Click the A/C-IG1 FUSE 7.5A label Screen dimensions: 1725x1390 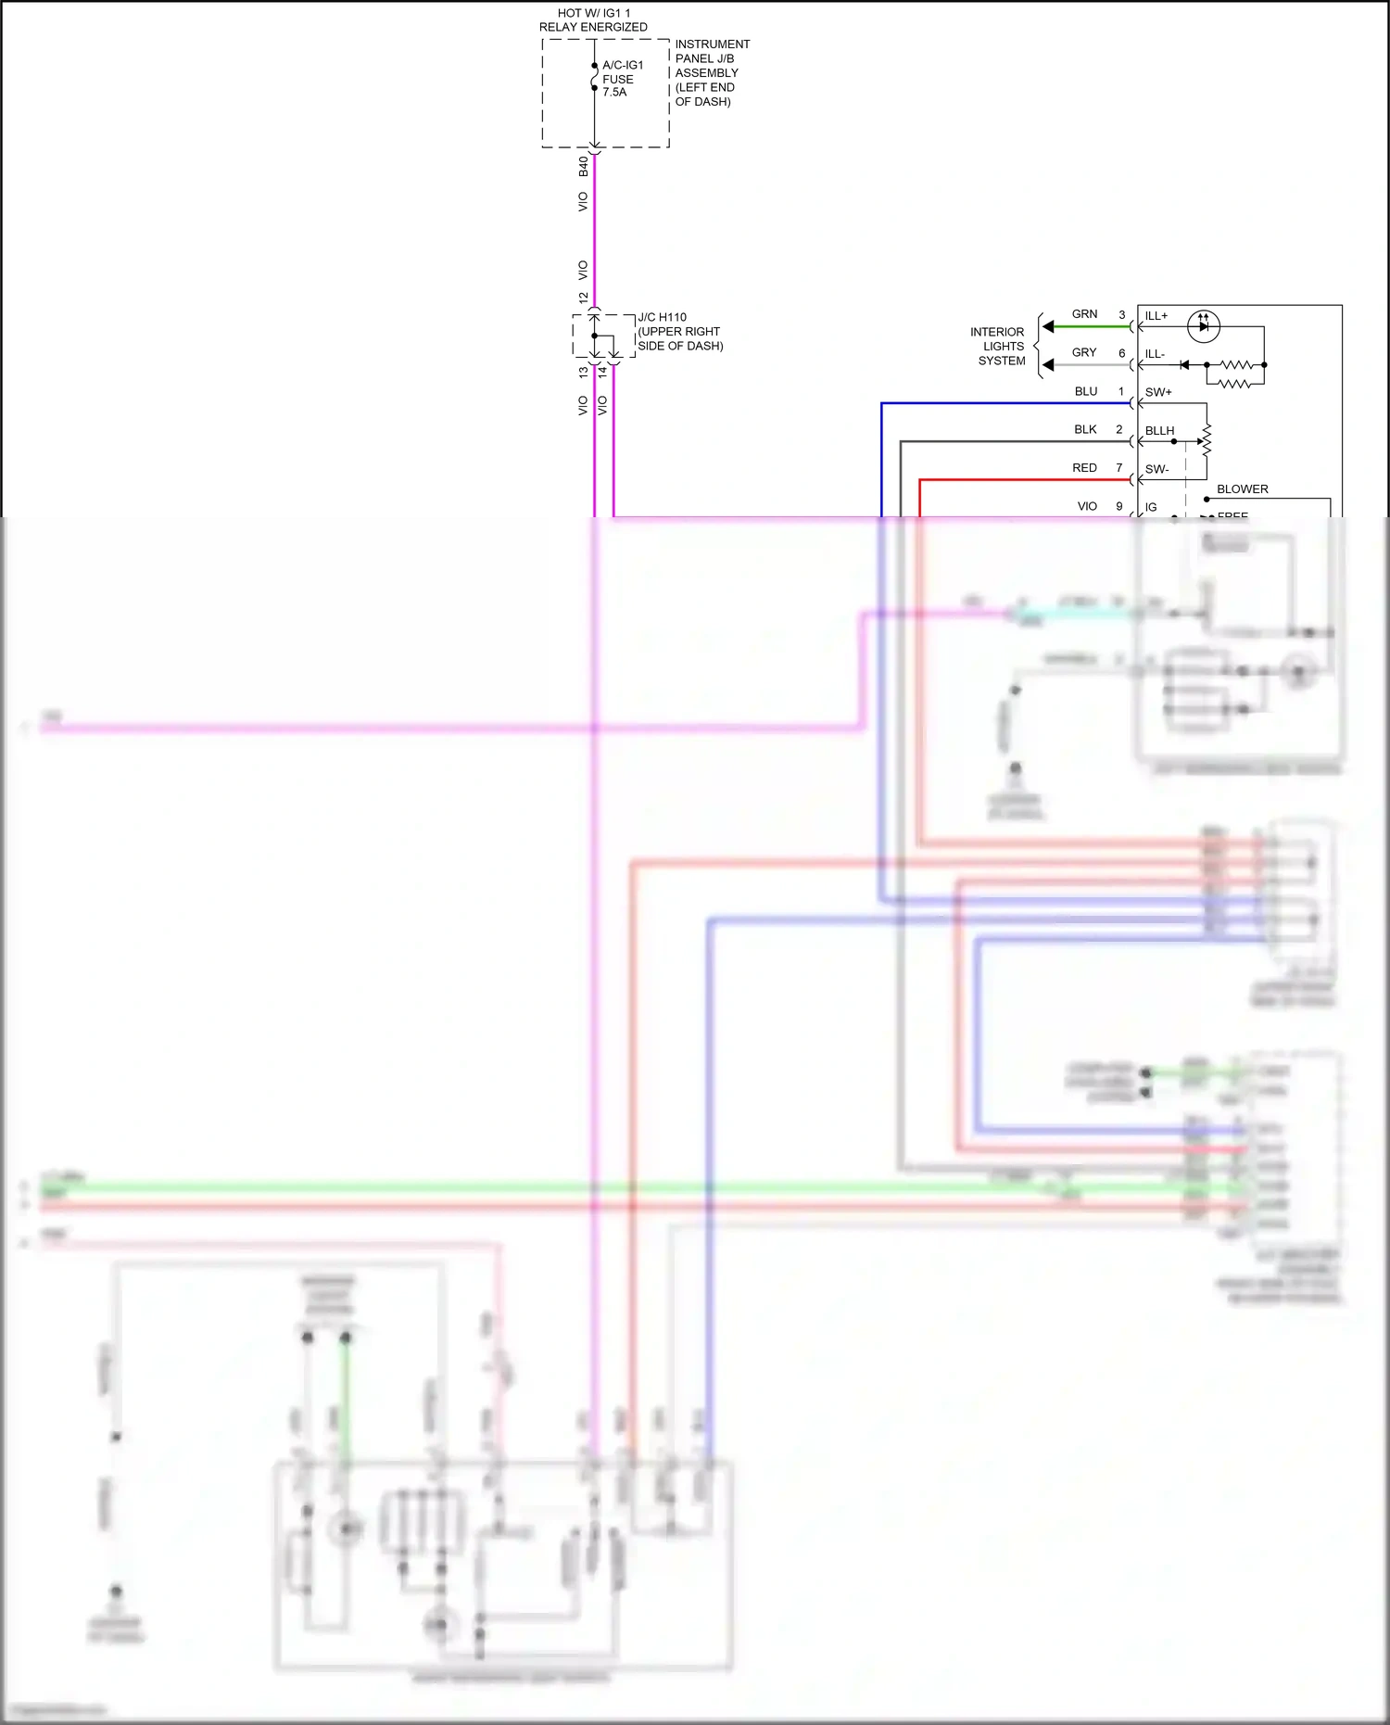coord(622,79)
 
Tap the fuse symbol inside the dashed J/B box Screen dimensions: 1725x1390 coord(595,77)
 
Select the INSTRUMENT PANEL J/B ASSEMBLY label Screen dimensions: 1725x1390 coord(711,72)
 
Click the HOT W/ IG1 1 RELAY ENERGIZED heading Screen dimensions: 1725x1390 coord(593,19)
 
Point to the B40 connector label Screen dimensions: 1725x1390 coord(583,167)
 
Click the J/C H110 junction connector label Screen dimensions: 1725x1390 coord(679,331)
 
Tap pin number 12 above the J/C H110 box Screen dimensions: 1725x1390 coord(583,298)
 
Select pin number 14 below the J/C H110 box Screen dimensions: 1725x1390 coord(602,372)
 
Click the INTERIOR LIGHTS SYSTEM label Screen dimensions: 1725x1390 coord(999,346)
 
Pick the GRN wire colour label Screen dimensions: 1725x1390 coord(1084,314)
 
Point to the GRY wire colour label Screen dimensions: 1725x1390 coord(1084,352)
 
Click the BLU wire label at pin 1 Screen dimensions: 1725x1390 coord(1086,391)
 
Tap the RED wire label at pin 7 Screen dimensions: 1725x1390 coord(1084,468)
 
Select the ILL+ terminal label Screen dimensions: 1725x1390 coord(1156,316)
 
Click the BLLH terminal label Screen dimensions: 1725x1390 coord(1159,431)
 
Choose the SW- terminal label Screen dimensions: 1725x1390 coord(1156,469)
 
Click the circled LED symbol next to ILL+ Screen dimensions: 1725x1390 coord(1204,326)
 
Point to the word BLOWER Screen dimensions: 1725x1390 coord(1242,488)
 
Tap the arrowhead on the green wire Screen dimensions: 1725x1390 coord(1048,326)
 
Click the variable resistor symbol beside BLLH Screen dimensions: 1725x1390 coord(1206,441)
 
